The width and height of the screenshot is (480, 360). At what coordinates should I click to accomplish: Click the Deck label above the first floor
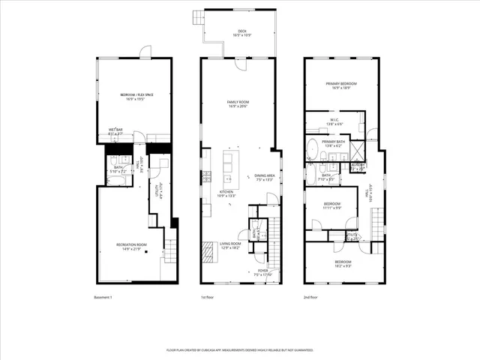(x=237, y=33)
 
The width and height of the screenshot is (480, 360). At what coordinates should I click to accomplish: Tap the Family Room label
(x=238, y=103)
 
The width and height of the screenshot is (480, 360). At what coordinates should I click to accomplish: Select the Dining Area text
(x=265, y=177)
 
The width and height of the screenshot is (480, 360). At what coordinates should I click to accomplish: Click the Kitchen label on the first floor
(x=226, y=193)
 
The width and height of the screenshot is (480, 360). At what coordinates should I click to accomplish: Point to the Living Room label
(x=229, y=245)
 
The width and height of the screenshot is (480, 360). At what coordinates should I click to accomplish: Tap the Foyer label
(x=262, y=272)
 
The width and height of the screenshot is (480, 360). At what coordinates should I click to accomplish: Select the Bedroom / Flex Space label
(x=136, y=96)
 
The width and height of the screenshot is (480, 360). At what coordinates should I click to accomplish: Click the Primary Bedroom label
(x=340, y=85)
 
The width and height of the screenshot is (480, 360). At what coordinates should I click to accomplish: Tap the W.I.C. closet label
(x=335, y=121)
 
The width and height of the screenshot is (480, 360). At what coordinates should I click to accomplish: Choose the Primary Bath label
(x=333, y=142)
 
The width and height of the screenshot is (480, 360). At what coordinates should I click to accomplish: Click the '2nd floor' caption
(x=311, y=298)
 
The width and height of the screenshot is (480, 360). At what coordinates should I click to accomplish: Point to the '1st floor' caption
(x=208, y=298)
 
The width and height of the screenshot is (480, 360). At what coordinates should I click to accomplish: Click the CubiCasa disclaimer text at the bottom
(x=239, y=350)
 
